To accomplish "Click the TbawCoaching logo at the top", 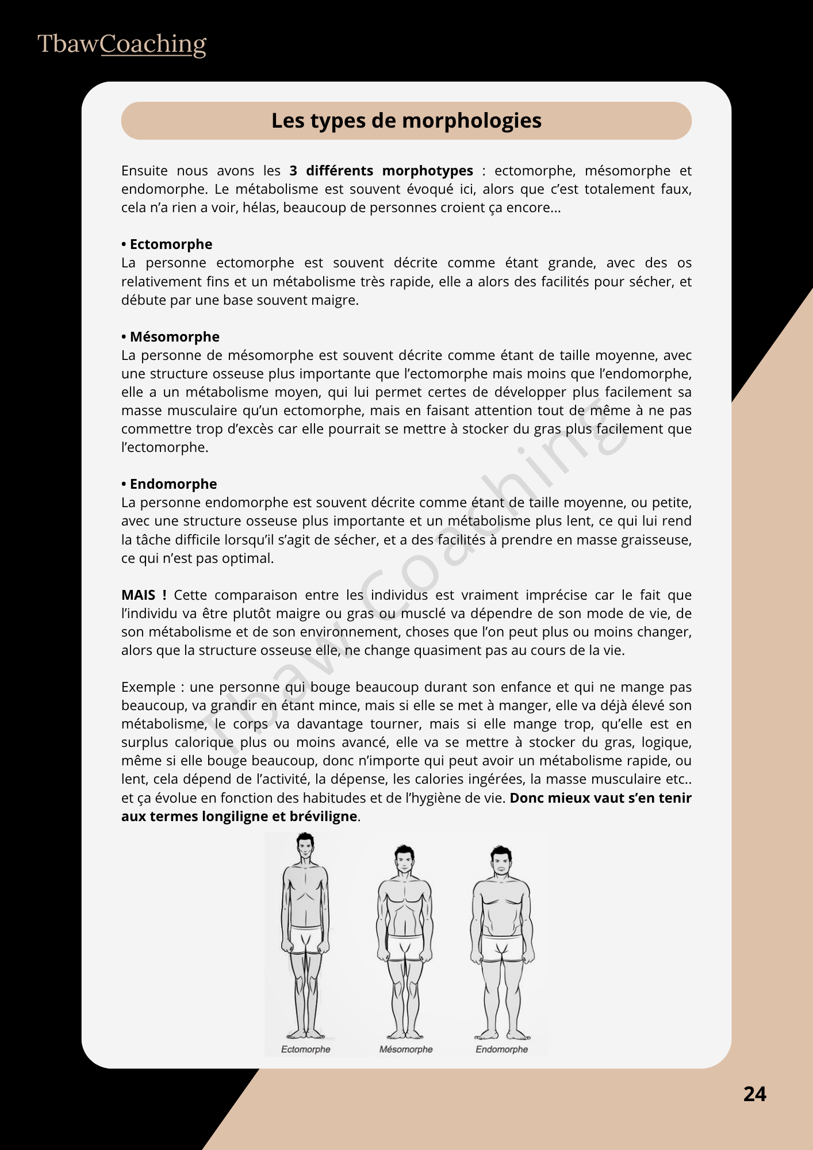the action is pyautogui.click(x=121, y=44).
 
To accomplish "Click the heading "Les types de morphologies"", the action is pyautogui.click(x=406, y=121).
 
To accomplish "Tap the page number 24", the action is pyautogui.click(x=754, y=1094).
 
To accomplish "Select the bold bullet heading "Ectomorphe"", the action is pyautogui.click(x=171, y=244).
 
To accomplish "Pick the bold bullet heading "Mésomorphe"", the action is pyautogui.click(x=174, y=336).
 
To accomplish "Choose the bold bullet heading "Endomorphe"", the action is pyautogui.click(x=173, y=484).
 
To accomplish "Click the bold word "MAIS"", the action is pyautogui.click(x=139, y=595).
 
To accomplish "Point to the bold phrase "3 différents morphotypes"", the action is pyautogui.click(x=381, y=171).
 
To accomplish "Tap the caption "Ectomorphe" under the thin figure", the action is pyautogui.click(x=305, y=1049).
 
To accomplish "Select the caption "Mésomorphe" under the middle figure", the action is pyautogui.click(x=406, y=1049).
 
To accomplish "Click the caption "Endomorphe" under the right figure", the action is pyautogui.click(x=501, y=1049).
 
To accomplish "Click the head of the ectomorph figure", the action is pyautogui.click(x=305, y=847).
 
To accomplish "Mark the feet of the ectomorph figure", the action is pyautogui.click(x=305, y=1033).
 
